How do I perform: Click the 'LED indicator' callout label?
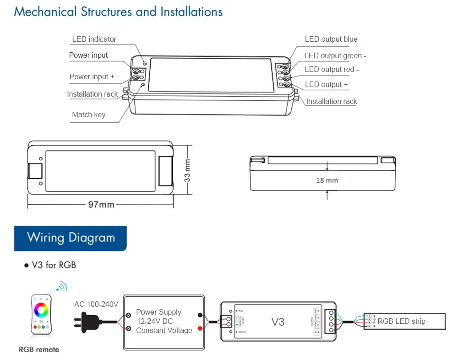94,39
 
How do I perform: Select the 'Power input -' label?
91,55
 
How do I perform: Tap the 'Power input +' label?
92,76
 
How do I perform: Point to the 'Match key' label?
88,115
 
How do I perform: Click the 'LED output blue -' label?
333,39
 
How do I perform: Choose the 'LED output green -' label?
335,56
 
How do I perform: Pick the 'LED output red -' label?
332,70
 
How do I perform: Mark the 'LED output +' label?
326,84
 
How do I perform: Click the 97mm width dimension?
101,204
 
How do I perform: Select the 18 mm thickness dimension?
327,180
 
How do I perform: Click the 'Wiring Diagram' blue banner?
71,238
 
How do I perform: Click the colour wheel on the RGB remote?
41,310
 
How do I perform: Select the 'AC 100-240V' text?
96,304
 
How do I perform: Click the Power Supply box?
164,321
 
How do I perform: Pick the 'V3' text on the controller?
278,322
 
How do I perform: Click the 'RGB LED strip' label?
401,321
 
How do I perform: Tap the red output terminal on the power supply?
200,328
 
